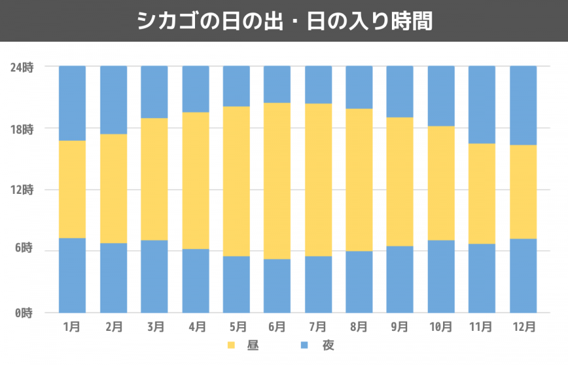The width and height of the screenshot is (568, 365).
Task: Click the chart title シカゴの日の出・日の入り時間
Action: click(x=284, y=21)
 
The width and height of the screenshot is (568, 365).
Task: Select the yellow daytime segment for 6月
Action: click(x=277, y=181)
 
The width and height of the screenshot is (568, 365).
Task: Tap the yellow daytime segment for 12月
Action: click(x=523, y=192)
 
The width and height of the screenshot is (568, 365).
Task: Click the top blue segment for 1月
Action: click(x=72, y=103)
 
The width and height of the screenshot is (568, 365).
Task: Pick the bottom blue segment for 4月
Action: click(x=196, y=280)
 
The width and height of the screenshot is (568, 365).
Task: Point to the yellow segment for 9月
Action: click(x=399, y=181)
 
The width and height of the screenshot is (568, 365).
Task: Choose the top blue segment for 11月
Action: click(x=482, y=104)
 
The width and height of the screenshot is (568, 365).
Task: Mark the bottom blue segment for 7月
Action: click(x=318, y=284)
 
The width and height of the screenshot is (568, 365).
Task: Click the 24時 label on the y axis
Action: click(x=21, y=66)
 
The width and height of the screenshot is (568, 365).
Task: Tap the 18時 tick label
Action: click(x=21, y=128)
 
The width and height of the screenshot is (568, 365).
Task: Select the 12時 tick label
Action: click(x=21, y=190)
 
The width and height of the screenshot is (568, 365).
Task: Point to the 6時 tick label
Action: click(x=24, y=251)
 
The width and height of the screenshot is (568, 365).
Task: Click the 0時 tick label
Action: click(x=24, y=313)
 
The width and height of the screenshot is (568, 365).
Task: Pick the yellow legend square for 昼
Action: click(x=230, y=345)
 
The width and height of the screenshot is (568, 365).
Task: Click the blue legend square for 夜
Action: click(x=304, y=345)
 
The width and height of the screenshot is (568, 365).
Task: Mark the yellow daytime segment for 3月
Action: click(x=154, y=179)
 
